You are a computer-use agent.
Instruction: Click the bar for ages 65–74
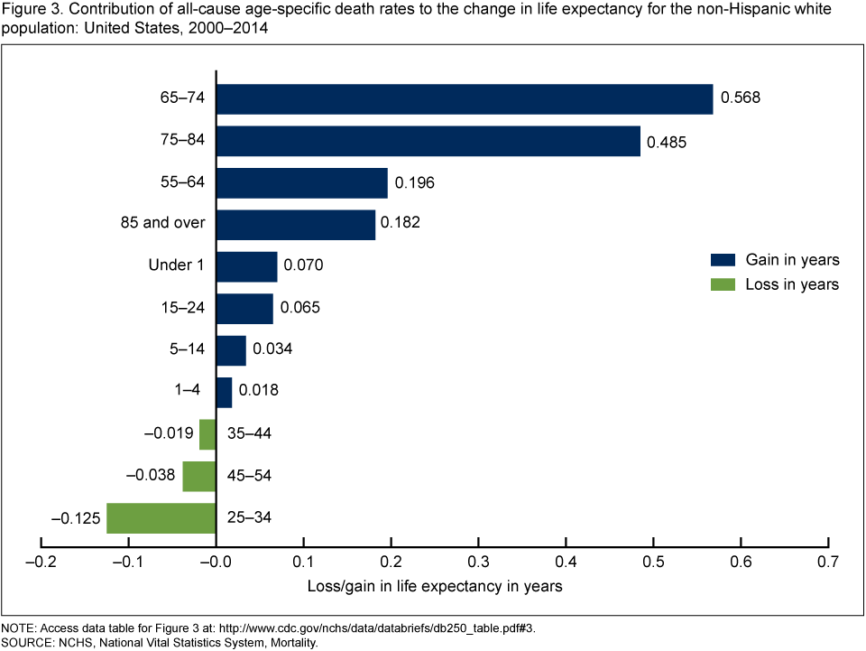point(465,99)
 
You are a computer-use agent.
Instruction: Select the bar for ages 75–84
point(428,141)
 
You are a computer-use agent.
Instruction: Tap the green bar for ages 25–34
point(161,518)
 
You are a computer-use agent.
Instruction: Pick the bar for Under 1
point(247,266)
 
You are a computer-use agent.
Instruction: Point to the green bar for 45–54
point(199,476)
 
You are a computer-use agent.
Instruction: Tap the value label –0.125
point(77,518)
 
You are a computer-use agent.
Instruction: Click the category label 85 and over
point(163,224)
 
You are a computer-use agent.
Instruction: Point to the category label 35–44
point(250,434)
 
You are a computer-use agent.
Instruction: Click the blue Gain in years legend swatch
point(723,260)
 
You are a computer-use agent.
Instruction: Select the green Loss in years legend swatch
point(723,284)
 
